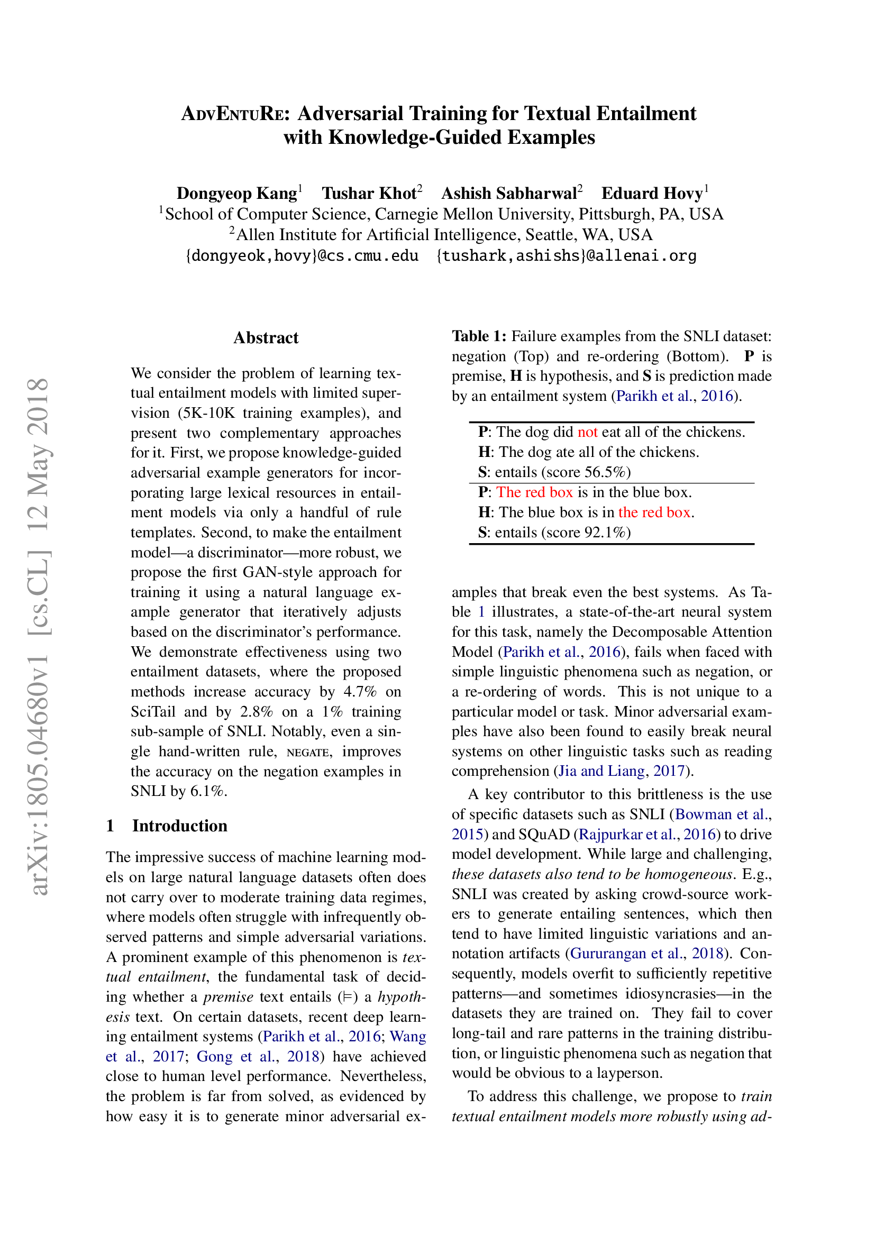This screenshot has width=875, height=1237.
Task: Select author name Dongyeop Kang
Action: click(236, 194)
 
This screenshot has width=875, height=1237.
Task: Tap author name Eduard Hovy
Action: click(652, 194)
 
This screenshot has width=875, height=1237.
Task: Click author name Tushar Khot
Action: click(369, 194)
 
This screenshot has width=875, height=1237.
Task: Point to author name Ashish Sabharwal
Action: click(508, 194)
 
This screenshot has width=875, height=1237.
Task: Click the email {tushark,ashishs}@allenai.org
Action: click(566, 255)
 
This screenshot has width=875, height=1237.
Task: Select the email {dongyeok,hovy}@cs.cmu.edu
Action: click(302, 255)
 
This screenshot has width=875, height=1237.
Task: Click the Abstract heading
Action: click(266, 338)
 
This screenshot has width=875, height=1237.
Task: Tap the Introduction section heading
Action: click(179, 826)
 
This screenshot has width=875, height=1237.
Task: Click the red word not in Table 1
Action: click(587, 432)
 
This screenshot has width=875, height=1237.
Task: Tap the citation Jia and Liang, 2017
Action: click(622, 771)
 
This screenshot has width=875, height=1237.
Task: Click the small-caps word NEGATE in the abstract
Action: click(308, 752)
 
